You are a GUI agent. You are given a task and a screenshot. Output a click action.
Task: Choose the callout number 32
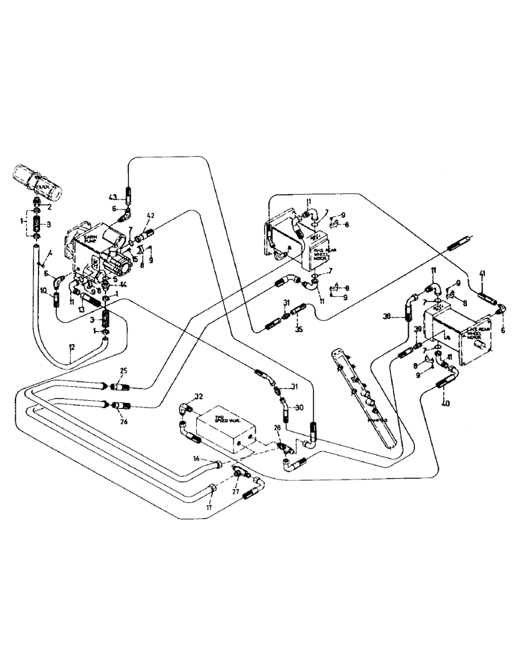[x=199, y=396]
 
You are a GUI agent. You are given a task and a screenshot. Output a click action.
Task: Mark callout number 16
[x=196, y=459]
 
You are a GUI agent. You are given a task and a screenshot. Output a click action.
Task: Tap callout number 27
[x=235, y=494]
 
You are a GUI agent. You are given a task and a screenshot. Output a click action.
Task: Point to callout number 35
[x=299, y=329]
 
